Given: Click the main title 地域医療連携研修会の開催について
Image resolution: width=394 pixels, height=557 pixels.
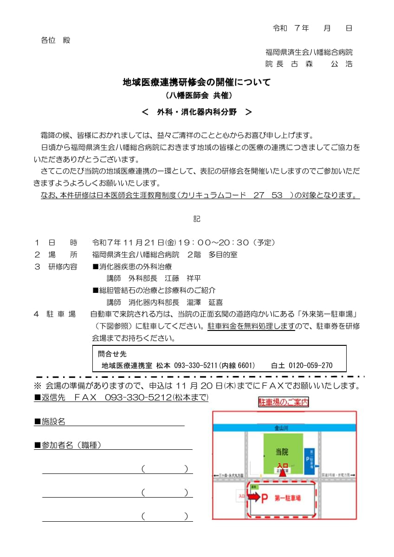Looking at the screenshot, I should point(196,83).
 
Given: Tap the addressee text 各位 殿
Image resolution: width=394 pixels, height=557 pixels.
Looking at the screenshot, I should point(56,40).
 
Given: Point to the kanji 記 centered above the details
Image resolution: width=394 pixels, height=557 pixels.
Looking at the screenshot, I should point(197,219).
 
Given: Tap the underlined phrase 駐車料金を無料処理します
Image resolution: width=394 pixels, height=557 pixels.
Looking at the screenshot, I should point(251,326).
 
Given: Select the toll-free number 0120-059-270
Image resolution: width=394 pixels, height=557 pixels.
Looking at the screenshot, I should point(310,366).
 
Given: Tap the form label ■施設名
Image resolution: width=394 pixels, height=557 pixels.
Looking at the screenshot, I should point(50,421).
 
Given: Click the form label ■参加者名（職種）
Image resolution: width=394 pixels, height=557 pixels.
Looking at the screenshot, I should point(68,445).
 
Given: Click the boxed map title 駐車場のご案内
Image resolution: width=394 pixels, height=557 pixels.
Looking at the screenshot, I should point(284,402).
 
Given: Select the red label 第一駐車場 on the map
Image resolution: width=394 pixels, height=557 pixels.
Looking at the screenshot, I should point(288,498).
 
